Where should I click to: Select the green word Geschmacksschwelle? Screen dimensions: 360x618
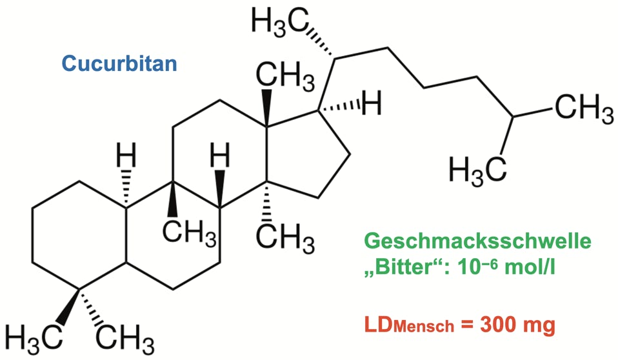click(477, 243)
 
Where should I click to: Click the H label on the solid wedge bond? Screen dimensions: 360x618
click(221, 155)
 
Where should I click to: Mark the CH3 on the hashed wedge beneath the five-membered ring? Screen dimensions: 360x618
click(284, 240)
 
